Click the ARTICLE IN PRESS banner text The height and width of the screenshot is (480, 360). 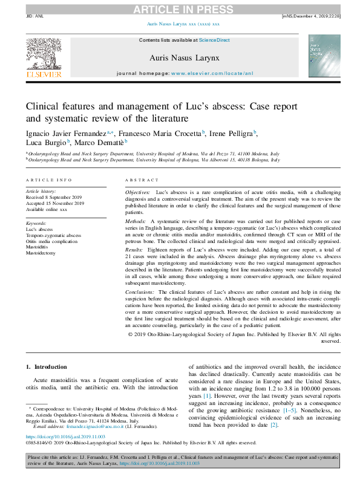pyautogui.click(x=179, y=9)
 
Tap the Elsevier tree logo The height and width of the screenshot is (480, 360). pyautogui.click(x=44, y=54)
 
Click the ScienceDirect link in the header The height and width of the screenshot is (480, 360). pyautogui.click(x=215, y=40)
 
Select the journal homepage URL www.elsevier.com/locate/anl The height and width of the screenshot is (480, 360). pyautogui.click(x=212, y=73)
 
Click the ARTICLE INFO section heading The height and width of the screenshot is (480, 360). pyautogui.click(x=48, y=180)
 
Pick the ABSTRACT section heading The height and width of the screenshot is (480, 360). pyautogui.click(x=142, y=180)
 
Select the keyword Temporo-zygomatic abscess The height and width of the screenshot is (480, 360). pyautogui.click(x=53, y=235)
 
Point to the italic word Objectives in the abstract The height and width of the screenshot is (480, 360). pyautogui.click(x=138, y=192)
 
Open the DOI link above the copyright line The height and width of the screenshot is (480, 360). pyautogui.click(x=65, y=436)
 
